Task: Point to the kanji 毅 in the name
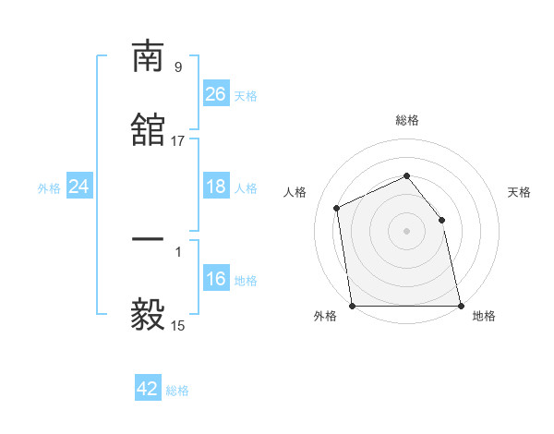click(x=148, y=315)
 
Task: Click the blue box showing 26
click(x=215, y=94)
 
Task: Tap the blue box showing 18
click(x=215, y=187)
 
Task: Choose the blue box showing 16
click(x=215, y=280)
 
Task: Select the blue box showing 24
click(x=78, y=187)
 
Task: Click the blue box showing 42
click(x=148, y=389)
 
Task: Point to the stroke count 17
click(x=178, y=140)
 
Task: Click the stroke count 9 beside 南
click(x=178, y=66)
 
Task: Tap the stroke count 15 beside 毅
click(x=178, y=325)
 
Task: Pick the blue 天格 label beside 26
click(x=246, y=95)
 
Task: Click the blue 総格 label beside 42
click(x=177, y=390)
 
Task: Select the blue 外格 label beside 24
click(x=49, y=188)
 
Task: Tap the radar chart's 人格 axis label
click(x=295, y=192)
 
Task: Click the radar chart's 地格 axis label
click(x=484, y=317)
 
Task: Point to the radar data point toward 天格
click(x=441, y=220)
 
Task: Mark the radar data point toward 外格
click(x=352, y=306)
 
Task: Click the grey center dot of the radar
click(x=406, y=231)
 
